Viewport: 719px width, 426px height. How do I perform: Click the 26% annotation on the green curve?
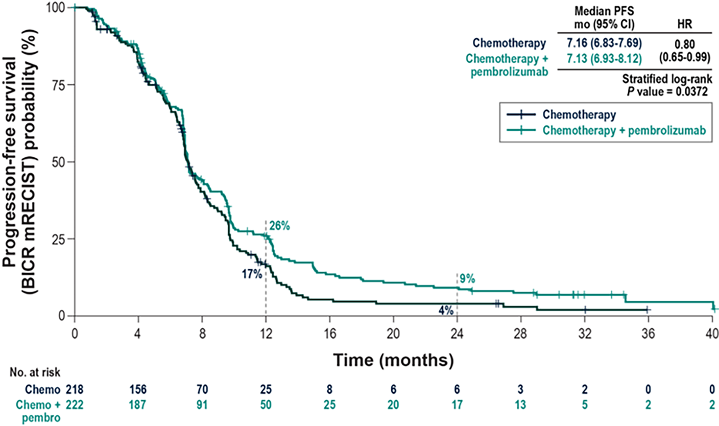280,226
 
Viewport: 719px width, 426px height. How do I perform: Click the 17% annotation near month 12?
252,274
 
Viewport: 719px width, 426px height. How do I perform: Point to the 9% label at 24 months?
467,279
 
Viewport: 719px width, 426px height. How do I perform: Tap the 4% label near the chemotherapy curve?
446,310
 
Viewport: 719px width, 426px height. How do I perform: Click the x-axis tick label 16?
330,334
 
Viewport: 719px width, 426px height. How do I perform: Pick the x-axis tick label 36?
648,334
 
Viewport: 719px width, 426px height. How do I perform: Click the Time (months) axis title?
393,360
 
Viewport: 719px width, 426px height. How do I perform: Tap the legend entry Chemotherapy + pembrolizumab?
624,130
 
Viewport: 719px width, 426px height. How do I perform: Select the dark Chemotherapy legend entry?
579,114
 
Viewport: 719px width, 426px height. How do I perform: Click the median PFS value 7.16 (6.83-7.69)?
604,43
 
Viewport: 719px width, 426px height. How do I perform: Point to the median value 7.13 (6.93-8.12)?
604,59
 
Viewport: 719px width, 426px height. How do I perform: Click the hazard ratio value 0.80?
684,45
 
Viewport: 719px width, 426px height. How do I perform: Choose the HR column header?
684,24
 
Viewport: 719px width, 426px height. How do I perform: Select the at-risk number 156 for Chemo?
138,390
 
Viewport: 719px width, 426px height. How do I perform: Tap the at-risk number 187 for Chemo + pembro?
138,405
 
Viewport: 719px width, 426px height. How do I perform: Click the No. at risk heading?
35,372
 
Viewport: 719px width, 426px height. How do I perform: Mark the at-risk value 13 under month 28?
520,405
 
